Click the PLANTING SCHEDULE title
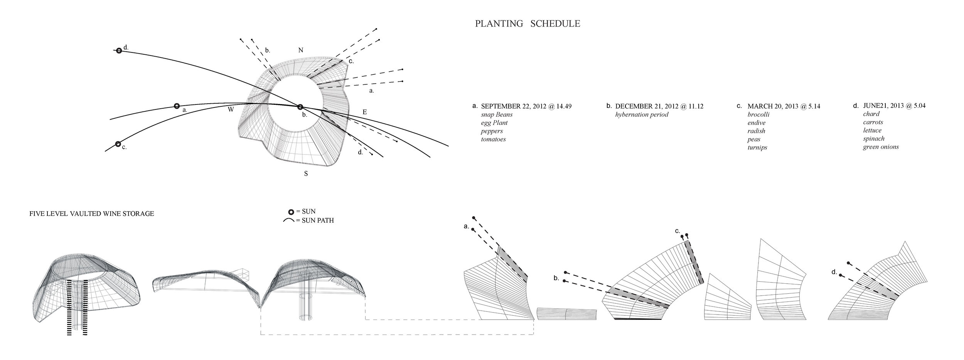(527, 24)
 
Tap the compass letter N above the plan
(301, 50)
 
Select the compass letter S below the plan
(306, 174)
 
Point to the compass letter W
(231, 109)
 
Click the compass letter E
(364, 112)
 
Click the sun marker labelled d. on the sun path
(119, 50)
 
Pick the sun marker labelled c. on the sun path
(118, 144)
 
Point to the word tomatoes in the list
(493, 139)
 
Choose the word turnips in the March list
(757, 147)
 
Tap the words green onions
(881, 146)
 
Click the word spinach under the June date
(873, 138)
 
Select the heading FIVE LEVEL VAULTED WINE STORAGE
(92, 214)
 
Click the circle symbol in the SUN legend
(292, 212)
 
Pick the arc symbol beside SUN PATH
(289, 220)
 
